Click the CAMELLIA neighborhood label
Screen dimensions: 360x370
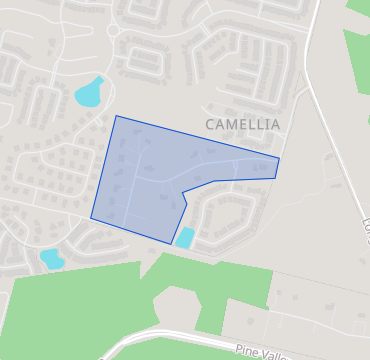point(242,124)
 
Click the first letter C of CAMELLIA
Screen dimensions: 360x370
point(210,124)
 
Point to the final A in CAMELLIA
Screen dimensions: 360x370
point(275,124)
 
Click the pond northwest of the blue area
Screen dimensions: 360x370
point(88,93)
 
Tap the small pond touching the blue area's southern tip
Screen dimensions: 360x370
point(185,238)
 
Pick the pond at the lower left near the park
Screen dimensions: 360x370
point(51,259)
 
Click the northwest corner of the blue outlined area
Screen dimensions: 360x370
point(116,116)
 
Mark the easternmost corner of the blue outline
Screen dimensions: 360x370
point(279,158)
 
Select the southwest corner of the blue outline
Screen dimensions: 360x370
point(91,217)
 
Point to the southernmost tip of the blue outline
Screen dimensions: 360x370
point(172,244)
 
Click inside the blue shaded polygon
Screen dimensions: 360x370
point(150,180)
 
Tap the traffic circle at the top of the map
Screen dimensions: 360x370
point(113,31)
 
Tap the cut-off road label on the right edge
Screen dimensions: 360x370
point(365,225)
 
